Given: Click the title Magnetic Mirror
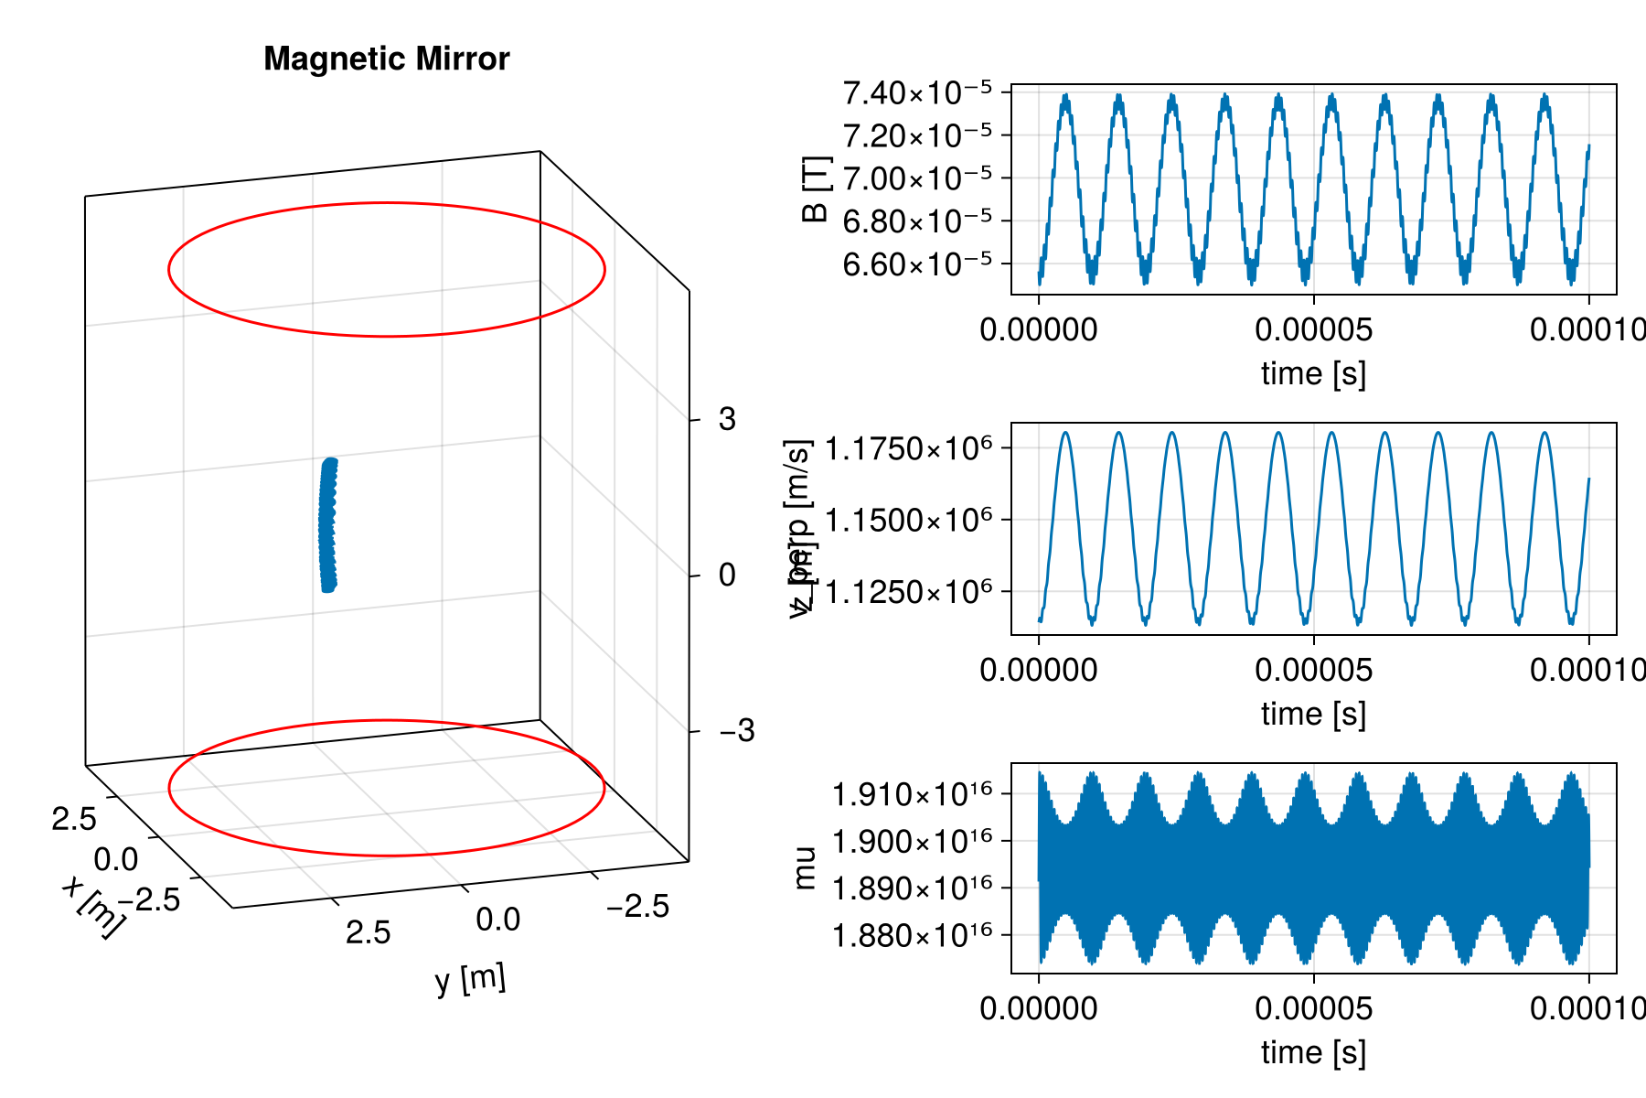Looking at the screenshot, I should pos(386,59).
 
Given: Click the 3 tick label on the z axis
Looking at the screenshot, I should pos(727,420).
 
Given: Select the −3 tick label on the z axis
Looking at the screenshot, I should pos(737,731).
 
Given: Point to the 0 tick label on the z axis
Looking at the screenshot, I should pos(727,576).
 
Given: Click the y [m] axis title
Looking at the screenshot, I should pos(470,980).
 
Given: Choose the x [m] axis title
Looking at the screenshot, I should pos(91,906).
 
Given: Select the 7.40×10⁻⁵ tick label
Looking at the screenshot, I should pos(917,92).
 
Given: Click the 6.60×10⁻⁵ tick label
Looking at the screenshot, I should pos(917,264).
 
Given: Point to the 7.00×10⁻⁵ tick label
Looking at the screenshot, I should pos(917,178).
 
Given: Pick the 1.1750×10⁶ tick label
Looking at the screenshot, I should pos(909,449).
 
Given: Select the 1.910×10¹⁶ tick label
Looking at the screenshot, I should pos(912,794).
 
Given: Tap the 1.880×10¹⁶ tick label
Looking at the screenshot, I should pos(912,936).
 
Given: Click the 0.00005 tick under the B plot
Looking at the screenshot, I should pos(1313,329).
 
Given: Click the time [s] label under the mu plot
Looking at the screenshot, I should pos(1313,1052).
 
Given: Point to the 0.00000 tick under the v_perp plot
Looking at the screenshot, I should pos(1038,670).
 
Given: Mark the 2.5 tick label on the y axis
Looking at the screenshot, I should pos(369,932).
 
